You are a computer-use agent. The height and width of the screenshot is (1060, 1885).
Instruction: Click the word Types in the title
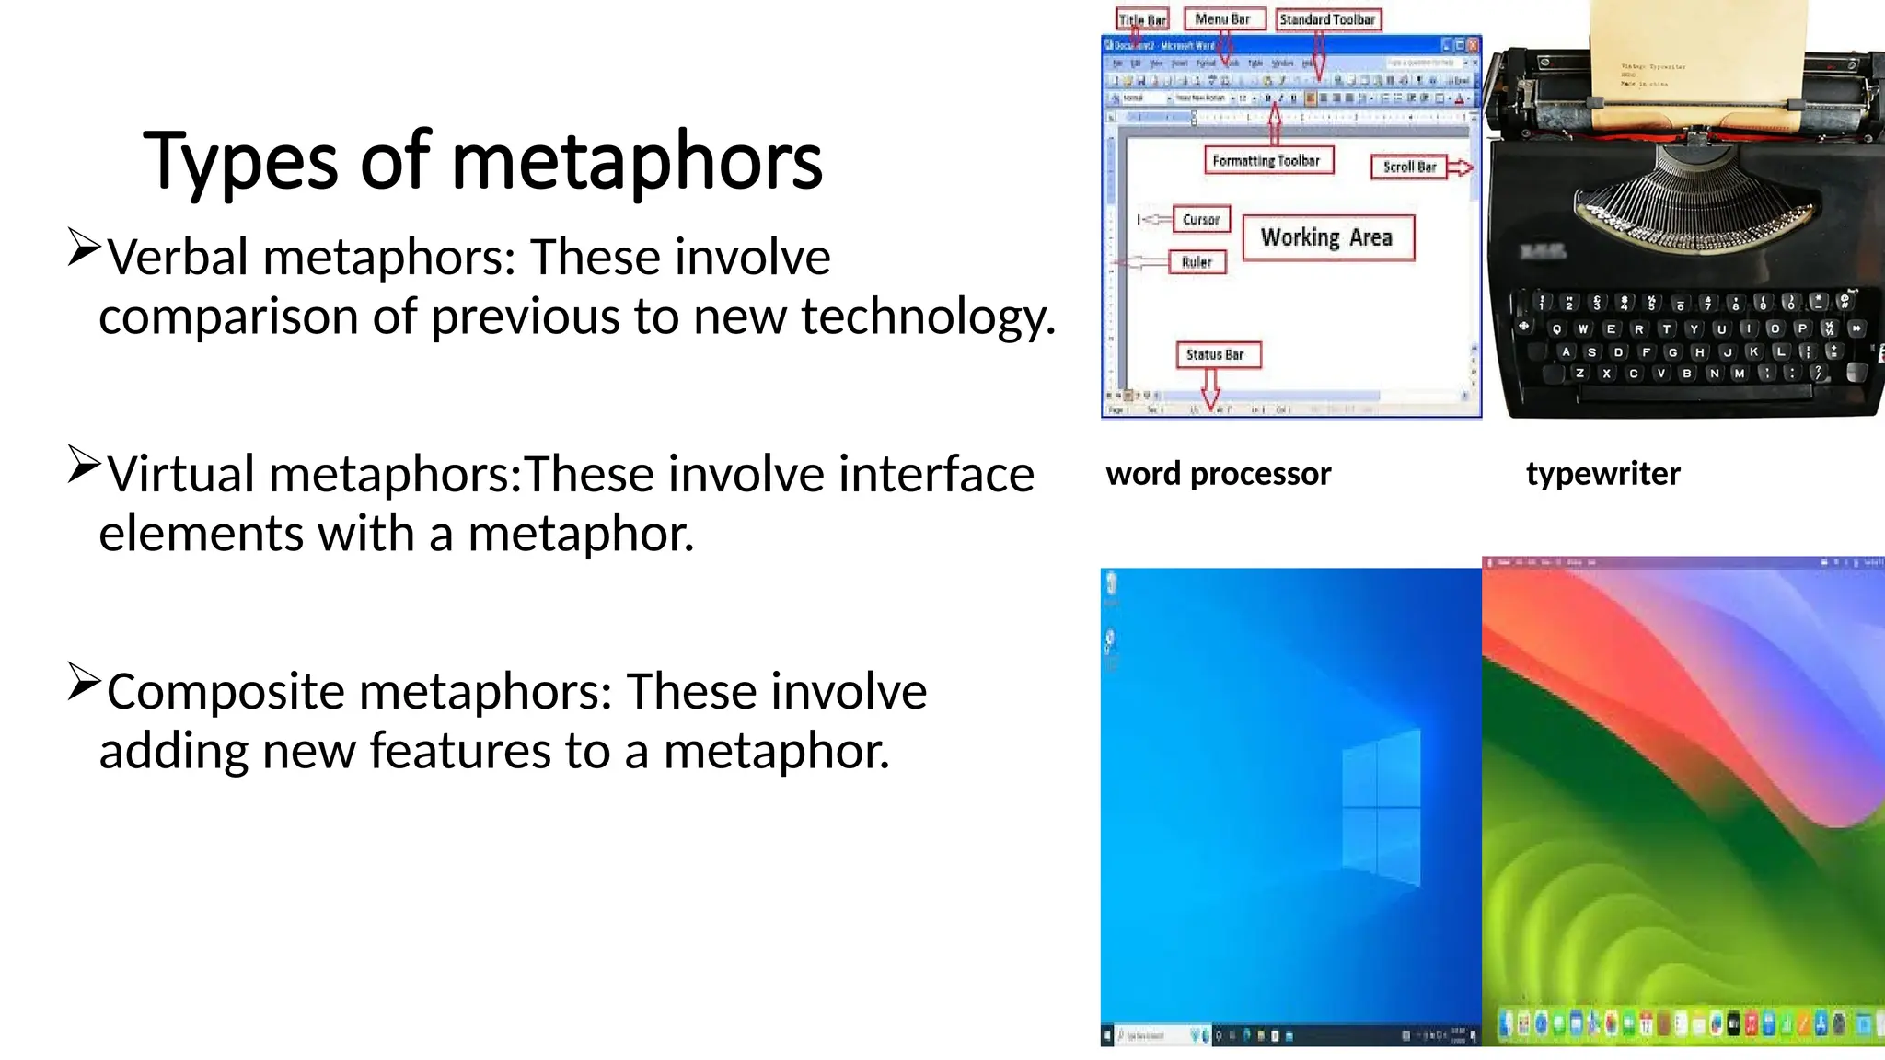click(x=240, y=162)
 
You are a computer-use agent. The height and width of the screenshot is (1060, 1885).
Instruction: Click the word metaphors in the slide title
click(x=637, y=162)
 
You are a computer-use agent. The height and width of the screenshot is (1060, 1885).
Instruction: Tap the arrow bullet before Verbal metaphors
click(x=83, y=248)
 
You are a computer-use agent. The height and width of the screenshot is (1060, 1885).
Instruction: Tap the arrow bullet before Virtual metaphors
click(x=83, y=465)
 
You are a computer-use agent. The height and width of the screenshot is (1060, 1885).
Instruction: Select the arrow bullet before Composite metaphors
click(x=83, y=683)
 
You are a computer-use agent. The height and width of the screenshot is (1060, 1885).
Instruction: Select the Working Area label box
click(x=1326, y=237)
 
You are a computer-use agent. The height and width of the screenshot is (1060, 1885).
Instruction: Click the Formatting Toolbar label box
click(x=1266, y=161)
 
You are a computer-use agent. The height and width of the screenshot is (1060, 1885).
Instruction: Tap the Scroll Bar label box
click(x=1408, y=167)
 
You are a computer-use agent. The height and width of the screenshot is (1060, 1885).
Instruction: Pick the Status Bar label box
click(x=1215, y=354)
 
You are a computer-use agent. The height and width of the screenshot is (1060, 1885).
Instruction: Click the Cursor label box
click(x=1201, y=219)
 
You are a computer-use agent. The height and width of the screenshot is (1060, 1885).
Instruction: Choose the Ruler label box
click(x=1197, y=262)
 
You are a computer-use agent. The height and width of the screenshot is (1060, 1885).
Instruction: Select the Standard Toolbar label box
click(x=1326, y=19)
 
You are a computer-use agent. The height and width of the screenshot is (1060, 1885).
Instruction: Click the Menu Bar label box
click(x=1222, y=19)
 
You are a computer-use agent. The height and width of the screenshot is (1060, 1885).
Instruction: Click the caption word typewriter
click(x=1602, y=474)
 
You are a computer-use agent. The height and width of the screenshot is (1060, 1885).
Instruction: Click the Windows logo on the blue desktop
click(x=1381, y=808)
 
